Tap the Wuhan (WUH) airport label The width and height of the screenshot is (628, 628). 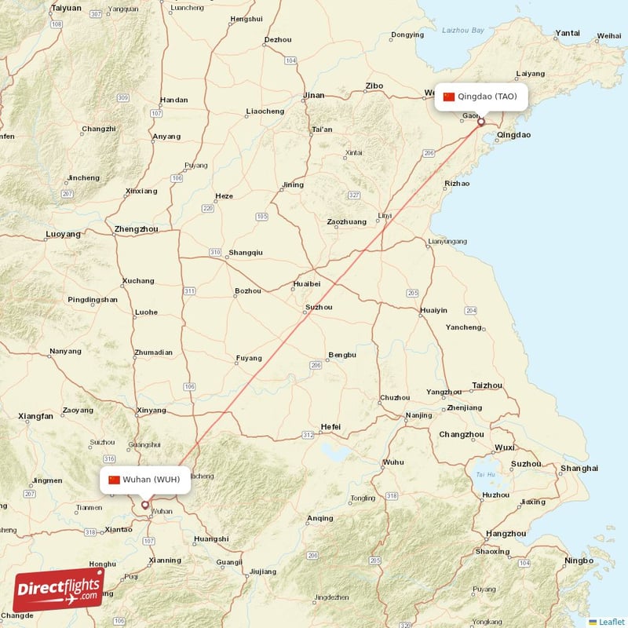tap(145, 480)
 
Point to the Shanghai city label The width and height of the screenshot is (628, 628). tap(579, 469)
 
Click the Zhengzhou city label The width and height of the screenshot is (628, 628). tap(136, 229)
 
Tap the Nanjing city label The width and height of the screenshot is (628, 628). tap(418, 415)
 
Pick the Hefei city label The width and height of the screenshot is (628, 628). tap(330, 426)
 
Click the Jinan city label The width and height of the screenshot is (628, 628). tap(314, 96)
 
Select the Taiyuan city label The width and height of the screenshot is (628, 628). tap(65, 8)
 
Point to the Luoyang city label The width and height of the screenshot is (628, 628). tap(64, 234)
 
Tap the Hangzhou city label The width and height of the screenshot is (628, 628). tap(506, 533)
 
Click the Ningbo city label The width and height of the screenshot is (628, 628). tap(579, 560)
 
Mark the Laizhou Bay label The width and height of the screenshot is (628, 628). tap(463, 30)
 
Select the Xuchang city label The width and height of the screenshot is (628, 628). tap(138, 280)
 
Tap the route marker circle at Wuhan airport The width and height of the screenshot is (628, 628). tap(144, 505)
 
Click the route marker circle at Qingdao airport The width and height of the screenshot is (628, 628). tap(480, 122)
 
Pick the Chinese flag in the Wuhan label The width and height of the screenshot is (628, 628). tap(115, 480)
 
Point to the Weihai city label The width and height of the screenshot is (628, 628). tap(608, 35)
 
